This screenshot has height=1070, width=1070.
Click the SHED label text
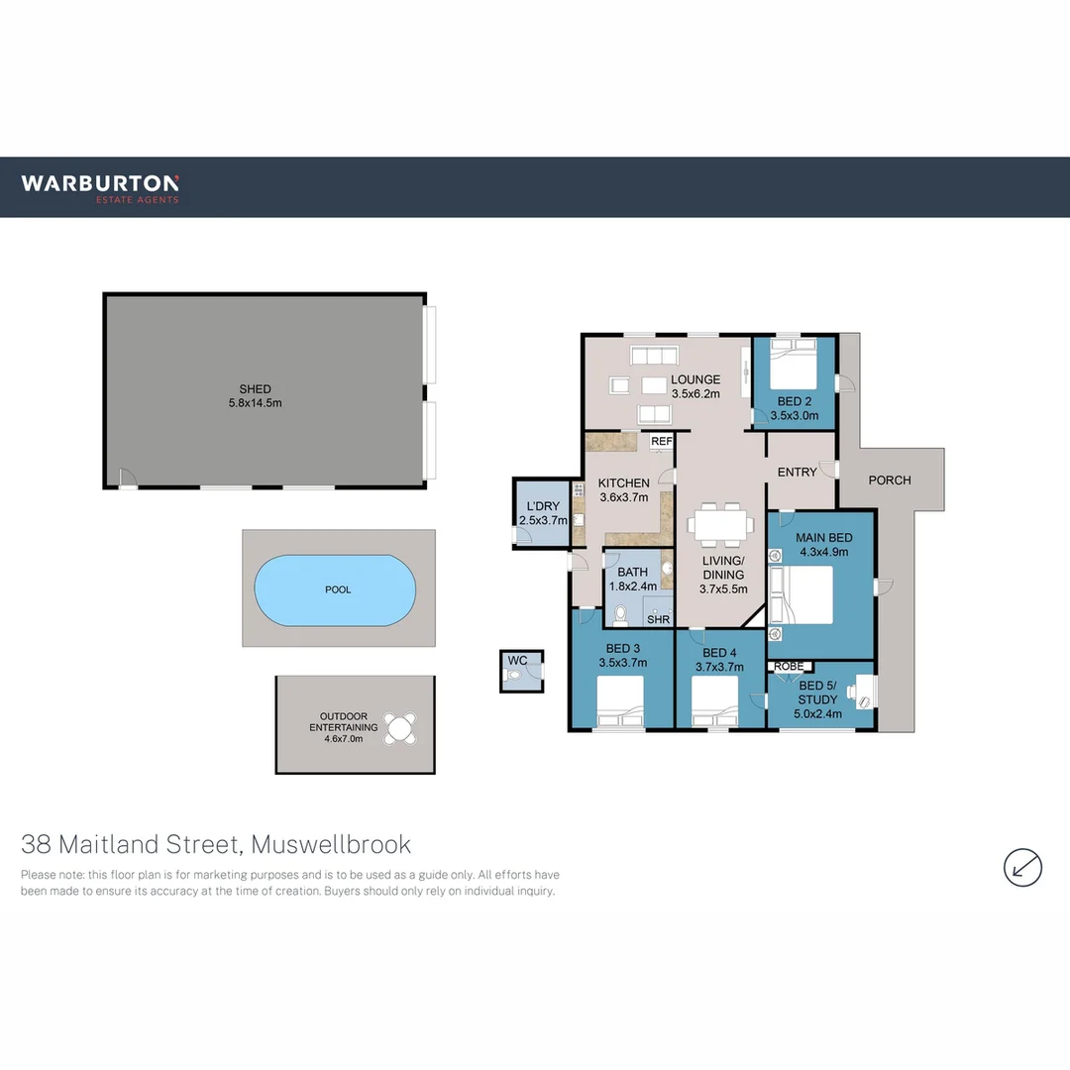click(255, 389)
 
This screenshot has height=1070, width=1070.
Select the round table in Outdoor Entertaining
click(401, 729)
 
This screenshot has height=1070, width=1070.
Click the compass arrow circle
click(1022, 867)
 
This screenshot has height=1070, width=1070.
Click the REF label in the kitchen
click(662, 441)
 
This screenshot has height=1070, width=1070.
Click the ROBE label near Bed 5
click(790, 667)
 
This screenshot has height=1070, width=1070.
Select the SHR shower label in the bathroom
click(658, 619)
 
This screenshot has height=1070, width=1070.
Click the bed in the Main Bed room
click(804, 593)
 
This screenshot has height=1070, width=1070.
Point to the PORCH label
click(889, 481)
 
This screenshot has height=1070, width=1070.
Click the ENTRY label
click(798, 473)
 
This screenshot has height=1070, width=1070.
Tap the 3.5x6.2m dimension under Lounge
click(695, 393)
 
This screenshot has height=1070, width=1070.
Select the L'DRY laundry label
click(543, 505)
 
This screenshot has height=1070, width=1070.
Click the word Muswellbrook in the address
click(331, 845)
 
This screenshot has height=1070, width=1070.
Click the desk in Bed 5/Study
click(864, 691)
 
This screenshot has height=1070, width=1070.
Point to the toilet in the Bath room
click(620, 614)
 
